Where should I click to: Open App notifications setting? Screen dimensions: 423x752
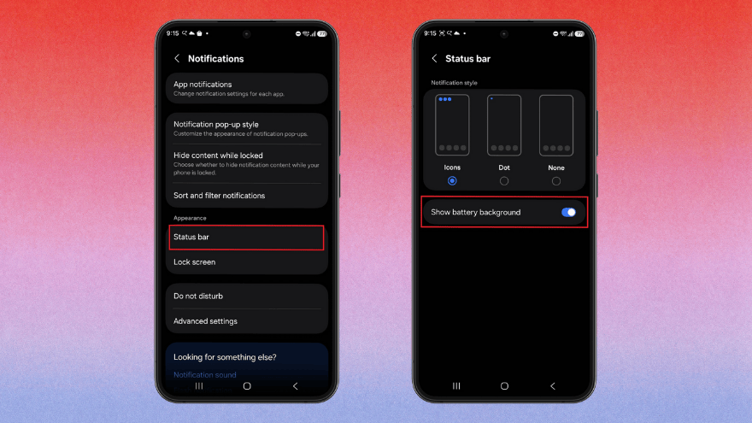pos(246,88)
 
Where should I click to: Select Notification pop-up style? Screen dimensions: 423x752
pos(246,128)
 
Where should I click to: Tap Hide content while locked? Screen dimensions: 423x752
pos(246,162)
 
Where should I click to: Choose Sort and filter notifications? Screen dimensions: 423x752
pos(246,196)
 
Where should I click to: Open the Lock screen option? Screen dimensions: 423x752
pos(246,262)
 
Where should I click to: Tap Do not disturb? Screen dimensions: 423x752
pos(246,296)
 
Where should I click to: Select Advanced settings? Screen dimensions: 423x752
pos(246,321)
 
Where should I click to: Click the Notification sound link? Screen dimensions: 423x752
pos(205,374)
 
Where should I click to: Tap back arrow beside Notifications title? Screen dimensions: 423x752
pos(177,59)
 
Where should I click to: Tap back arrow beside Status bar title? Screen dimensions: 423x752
pos(434,59)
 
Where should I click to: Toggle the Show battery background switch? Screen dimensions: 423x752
pos(568,212)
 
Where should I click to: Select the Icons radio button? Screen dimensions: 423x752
pos(452,181)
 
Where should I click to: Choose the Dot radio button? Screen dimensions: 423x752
pos(504,181)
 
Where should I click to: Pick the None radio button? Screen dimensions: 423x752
pos(556,181)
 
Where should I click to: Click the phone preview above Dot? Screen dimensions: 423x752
pos(504,125)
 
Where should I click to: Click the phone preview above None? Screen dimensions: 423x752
pos(556,125)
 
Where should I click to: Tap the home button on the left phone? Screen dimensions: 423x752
pos(247,386)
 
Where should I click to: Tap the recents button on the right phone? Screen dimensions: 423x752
pos(456,386)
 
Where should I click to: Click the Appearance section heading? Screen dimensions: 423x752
pos(190,218)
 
